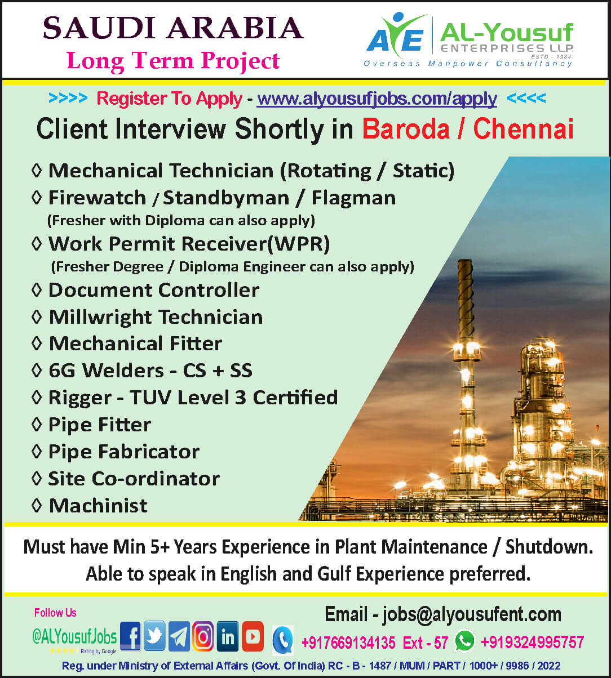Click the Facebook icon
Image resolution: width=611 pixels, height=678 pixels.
click(x=130, y=636)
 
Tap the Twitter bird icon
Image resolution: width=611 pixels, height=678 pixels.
click(x=154, y=636)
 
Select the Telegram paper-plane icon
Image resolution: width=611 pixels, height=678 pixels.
click(x=179, y=636)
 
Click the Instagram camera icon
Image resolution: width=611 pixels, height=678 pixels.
click(x=203, y=636)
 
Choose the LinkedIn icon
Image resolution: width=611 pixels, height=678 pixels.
click(x=228, y=636)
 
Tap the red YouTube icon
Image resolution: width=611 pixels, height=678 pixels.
click(x=253, y=636)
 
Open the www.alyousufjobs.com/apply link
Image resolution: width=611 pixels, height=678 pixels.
click(x=377, y=99)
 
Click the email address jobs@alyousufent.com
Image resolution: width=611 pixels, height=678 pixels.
click(x=472, y=614)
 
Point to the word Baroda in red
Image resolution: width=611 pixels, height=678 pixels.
click(x=406, y=129)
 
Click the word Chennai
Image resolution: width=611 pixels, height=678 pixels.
click(x=523, y=129)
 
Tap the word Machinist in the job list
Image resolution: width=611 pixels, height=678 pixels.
click(x=99, y=506)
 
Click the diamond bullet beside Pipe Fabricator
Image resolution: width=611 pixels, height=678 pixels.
click(x=37, y=452)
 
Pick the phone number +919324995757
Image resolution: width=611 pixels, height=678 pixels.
click(x=532, y=642)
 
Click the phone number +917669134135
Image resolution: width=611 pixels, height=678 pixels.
click(x=348, y=642)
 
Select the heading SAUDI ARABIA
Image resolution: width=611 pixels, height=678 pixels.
click(x=173, y=28)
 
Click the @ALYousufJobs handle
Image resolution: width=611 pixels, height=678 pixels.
click(x=74, y=636)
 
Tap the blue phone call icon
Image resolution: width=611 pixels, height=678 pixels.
click(x=283, y=640)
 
